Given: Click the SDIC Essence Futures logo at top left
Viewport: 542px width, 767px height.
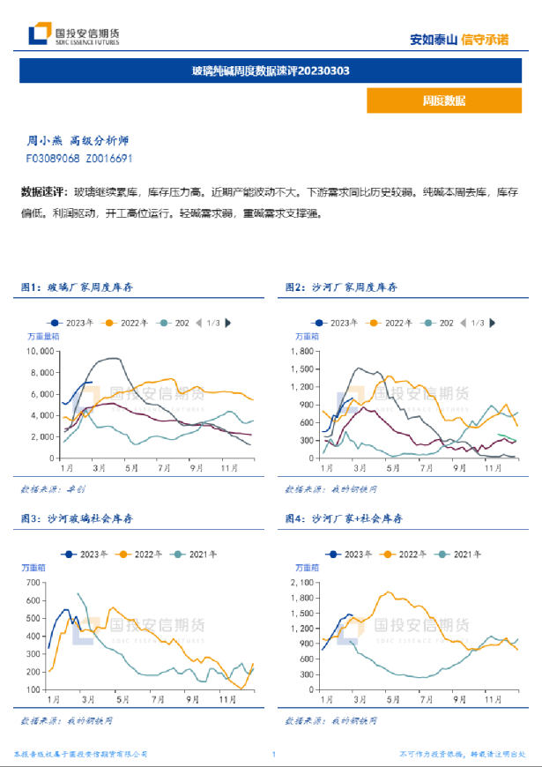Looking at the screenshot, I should point(74,35).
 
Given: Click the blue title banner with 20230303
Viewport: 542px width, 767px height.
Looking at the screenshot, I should point(271,71).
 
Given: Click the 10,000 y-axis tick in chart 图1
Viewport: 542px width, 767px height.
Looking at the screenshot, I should point(41,351).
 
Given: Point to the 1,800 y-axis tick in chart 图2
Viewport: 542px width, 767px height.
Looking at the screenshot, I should point(302,351).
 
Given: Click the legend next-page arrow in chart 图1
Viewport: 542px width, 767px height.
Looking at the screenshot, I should point(228,323).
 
